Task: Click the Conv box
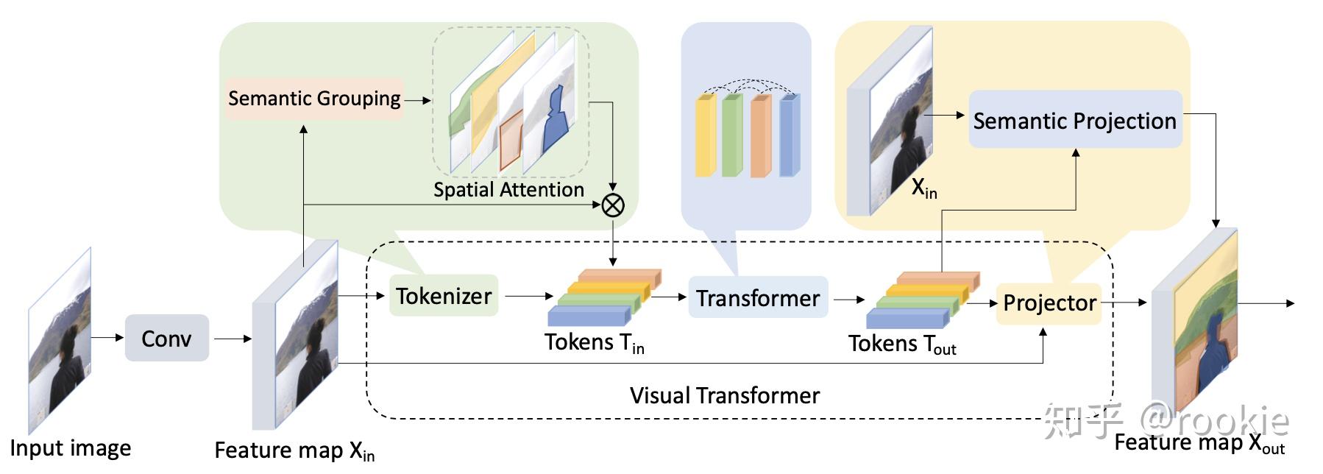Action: (x=166, y=339)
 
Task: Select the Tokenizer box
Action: (x=443, y=296)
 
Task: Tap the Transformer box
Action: (x=757, y=298)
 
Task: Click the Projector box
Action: (x=1049, y=303)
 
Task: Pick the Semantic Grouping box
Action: (x=314, y=99)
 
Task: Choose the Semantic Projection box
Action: (x=1074, y=121)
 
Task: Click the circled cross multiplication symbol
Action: (x=613, y=205)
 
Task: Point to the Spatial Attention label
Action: (x=508, y=190)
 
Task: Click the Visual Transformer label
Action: (x=724, y=396)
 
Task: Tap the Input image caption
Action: (x=71, y=448)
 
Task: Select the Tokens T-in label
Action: (x=594, y=343)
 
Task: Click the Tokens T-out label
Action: (x=901, y=344)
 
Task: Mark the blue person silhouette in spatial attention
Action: (x=556, y=121)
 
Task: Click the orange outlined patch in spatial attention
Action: (x=510, y=144)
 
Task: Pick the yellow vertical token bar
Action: (x=705, y=136)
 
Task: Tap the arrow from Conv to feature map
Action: (x=232, y=339)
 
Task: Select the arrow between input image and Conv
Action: (x=107, y=337)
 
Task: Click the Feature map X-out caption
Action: (x=1199, y=443)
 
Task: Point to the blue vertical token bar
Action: (x=788, y=136)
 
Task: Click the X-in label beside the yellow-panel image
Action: (x=924, y=189)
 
